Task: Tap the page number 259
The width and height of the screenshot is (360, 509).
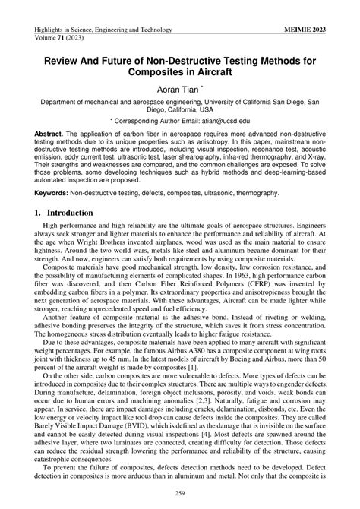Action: (180, 494)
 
